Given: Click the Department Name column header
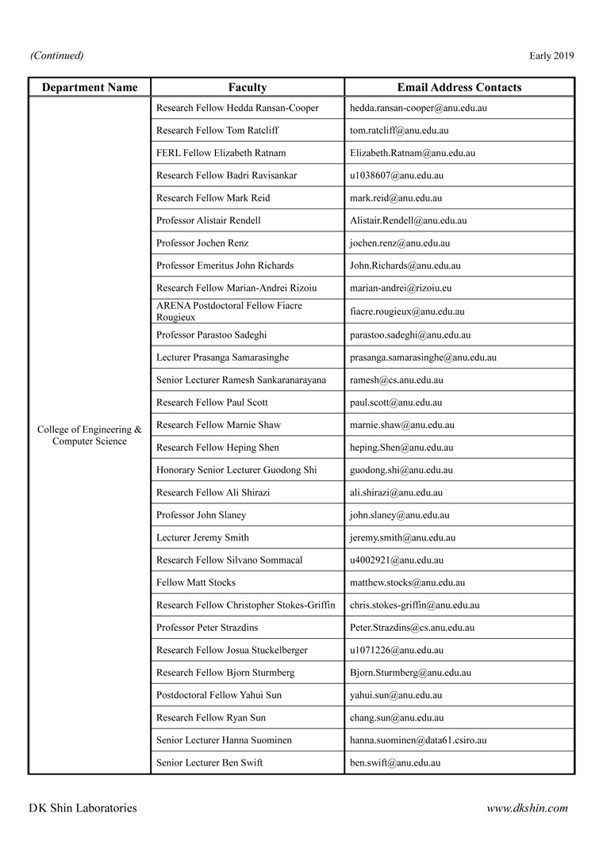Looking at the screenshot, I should point(90,87).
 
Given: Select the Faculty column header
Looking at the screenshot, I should point(248,87).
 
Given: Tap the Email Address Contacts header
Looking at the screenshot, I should point(459,87).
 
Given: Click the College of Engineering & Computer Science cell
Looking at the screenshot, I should point(90,435).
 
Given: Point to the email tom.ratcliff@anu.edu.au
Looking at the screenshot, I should point(399,130).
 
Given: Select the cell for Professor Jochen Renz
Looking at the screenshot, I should point(202,243).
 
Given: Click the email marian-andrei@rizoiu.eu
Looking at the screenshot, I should point(401,288).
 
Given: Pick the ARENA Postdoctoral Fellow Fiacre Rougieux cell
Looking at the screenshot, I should point(229,311).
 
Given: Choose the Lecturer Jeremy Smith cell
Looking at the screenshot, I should point(202,537).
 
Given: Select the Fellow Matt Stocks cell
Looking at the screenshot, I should point(196,583).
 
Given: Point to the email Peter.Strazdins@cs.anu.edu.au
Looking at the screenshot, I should point(412,628).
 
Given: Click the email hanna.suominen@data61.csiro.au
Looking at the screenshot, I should point(418,740).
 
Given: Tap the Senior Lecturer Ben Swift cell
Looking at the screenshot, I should point(209,763).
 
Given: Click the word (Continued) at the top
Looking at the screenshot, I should point(56,55).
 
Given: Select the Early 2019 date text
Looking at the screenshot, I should point(551,55).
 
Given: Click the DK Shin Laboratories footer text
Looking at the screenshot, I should point(83,808).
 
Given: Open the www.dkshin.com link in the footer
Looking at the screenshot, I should point(527,808).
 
